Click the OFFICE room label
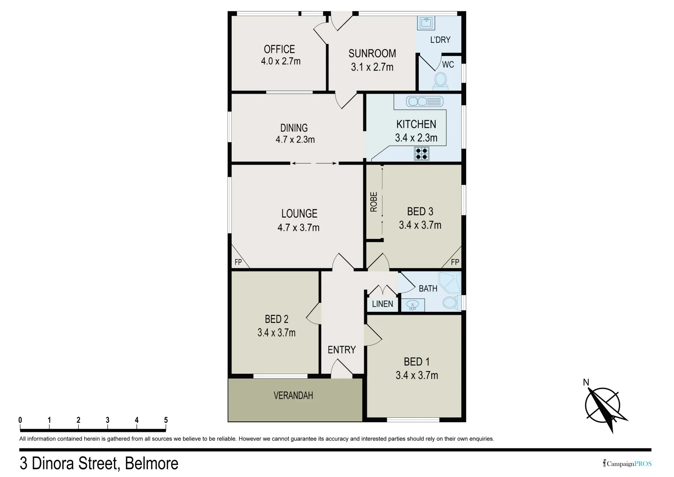(x=279, y=49)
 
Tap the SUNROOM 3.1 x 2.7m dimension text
(x=372, y=67)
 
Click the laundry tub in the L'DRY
(x=426, y=23)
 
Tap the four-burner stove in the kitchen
(x=422, y=154)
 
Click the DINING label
(x=294, y=128)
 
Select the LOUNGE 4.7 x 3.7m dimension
(x=298, y=227)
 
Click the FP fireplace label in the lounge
(x=238, y=262)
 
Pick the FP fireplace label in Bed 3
(x=455, y=262)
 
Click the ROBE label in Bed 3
(x=374, y=202)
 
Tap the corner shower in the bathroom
(x=450, y=282)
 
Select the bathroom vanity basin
(x=413, y=305)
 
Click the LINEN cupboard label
(x=382, y=304)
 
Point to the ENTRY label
(x=342, y=350)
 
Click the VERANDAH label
(x=293, y=395)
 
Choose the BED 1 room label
(x=417, y=362)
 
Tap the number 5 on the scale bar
(x=166, y=420)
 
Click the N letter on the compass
(x=586, y=382)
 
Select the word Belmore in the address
(x=152, y=463)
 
